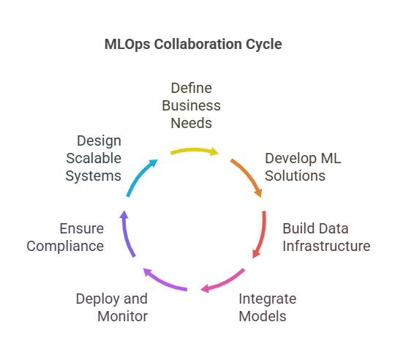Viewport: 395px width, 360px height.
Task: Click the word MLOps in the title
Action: pyautogui.click(x=127, y=45)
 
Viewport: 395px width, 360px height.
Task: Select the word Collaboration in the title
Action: pyautogui.click(x=198, y=44)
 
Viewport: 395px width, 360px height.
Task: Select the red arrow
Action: pyautogui.click(x=263, y=235)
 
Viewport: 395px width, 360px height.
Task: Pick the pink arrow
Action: pyautogui.click(x=225, y=282)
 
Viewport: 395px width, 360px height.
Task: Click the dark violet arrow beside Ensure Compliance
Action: pyautogui.click(x=127, y=234)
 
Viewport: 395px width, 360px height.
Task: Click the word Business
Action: pyautogui.click(x=191, y=105)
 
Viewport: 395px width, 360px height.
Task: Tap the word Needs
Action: pyautogui.click(x=191, y=123)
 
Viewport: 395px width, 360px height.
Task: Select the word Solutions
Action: pyautogui.click(x=295, y=176)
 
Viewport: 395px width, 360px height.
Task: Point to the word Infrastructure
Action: pyautogui.click(x=326, y=246)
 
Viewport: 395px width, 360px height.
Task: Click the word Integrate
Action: pyautogui.click(x=268, y=299)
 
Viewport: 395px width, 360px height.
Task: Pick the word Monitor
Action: pyautogui.click(x=122, y=316)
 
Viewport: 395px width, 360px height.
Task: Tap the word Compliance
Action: pyautogui.click(x=65, y=247)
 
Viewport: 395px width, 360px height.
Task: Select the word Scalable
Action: pyautogui.click(x=94, y=158)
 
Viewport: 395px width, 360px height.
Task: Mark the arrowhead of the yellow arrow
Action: pyautogui.click(x=214, y=151)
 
